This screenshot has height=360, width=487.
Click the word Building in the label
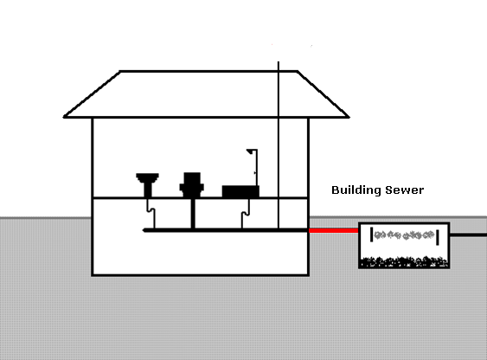point(356,190)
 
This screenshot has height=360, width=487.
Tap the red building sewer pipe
point(334,230)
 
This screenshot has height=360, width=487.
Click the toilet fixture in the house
point(192,185)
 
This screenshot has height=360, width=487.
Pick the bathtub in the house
point(240,191)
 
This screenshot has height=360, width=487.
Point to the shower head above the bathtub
point(250,151)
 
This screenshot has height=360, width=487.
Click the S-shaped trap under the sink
point(151,211)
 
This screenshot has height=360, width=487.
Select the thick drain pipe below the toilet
point(193,214)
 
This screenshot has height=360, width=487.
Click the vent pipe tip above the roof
point(279,61)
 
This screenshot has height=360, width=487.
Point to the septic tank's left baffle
point(371,235)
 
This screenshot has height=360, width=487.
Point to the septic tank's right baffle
point(438,237)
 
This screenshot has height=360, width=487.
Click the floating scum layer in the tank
point(404,235)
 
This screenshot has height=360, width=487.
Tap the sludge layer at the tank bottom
point(404,262)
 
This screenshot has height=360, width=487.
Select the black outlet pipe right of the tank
point(468,235)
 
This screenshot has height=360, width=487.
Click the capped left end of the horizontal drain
point(144,230)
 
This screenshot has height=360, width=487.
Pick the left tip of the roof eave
point(64,117)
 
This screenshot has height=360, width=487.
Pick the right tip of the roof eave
point(349,117)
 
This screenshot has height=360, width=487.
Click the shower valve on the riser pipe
point(255,173)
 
